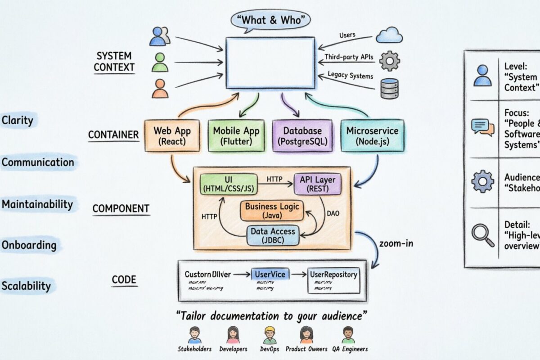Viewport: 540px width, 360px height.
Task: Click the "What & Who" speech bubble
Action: tap(271, 21)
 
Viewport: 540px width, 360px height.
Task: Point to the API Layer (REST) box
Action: tap(317, 184)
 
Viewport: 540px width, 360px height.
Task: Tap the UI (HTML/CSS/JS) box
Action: tap(229, 184)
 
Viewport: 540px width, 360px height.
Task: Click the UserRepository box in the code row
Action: tap(333, 279)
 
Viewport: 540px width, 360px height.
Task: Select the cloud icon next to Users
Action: tap(389, 35)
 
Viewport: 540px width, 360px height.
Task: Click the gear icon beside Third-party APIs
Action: tap(389, 60)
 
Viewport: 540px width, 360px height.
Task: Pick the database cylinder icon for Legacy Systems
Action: tap(389, 88)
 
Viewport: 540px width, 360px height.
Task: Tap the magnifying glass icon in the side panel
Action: tap(482, 235)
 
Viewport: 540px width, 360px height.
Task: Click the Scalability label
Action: tap(26, 286)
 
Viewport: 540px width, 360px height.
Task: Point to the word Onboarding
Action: tap(29, 245)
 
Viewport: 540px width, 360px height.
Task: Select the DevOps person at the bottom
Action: tap(270, 336)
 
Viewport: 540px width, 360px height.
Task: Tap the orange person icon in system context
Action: tap(160, 88)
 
